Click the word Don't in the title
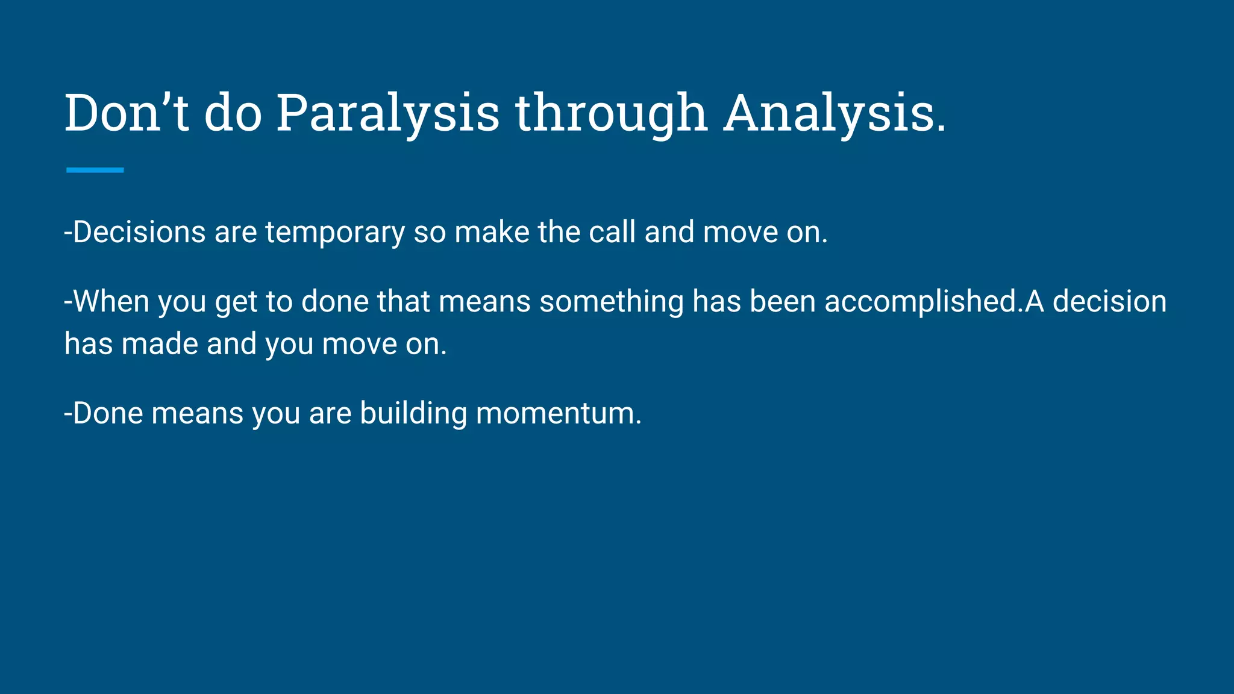pyautogui.click(x=127, y=113)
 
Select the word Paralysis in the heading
pyautogui.click(x=387, y=113)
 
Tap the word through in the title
pyautogui.click(x=610, y=113)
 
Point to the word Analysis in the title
pyautogui.click(x=835, y=113)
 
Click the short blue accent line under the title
pyautogui.click(x=95, y=170)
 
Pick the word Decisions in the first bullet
pyautogui.click(x=139, y=233)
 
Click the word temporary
pyautogui.click(x=335, y=233)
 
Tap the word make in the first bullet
pyautogui.click(x=491, y=233)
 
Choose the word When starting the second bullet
pyautogui.click(x=111, y=302)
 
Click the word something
pyautogui.click(x=611, y=302)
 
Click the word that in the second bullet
pyautogui.click(x=403, y=302)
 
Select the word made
pyautogui.click(x=160, y=345)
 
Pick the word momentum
pyautogui.click(x=559, y=414)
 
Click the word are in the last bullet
pyautogui.click(x=330, y=414)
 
